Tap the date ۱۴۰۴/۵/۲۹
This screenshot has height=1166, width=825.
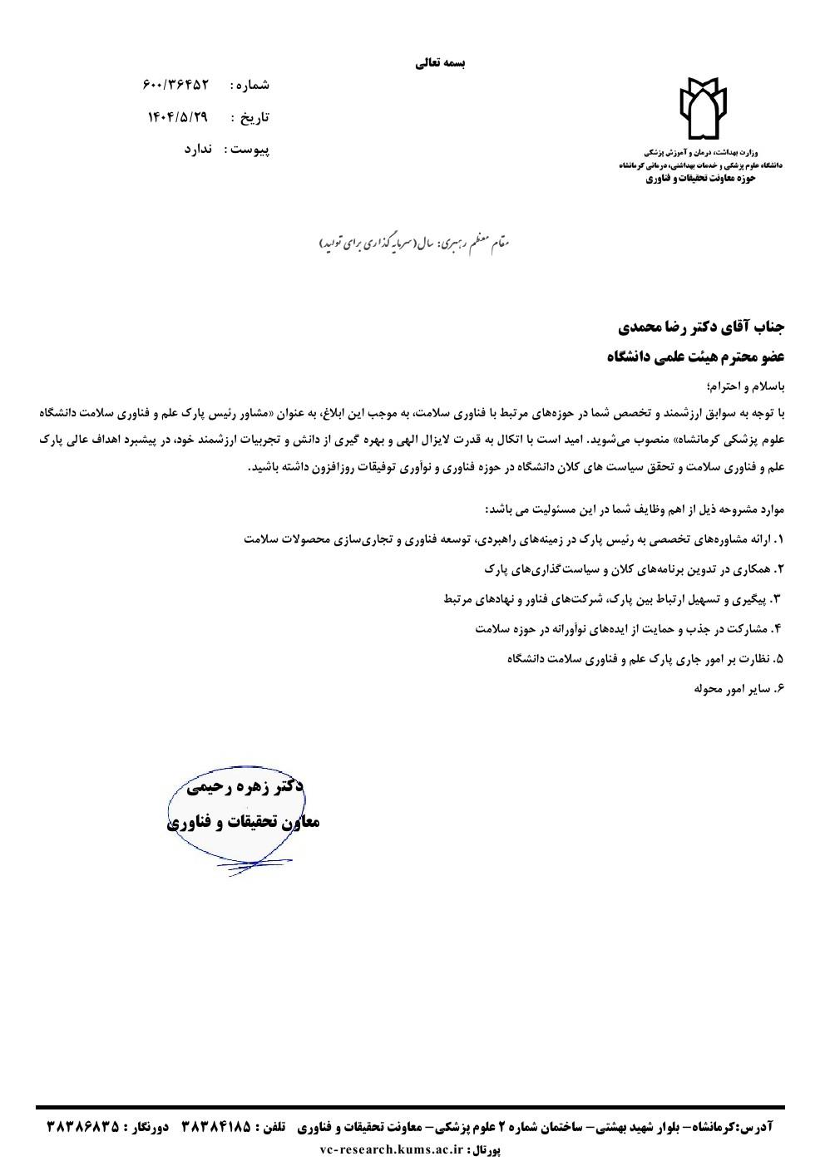177,117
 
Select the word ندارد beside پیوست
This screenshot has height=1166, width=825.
199,150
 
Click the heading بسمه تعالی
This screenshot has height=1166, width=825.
441,62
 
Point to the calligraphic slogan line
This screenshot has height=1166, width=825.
413,242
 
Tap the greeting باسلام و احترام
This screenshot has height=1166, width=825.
746,387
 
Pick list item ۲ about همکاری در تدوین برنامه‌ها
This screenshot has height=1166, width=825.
633,569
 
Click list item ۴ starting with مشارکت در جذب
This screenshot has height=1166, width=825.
629,629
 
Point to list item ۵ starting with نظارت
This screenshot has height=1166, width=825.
645,659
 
